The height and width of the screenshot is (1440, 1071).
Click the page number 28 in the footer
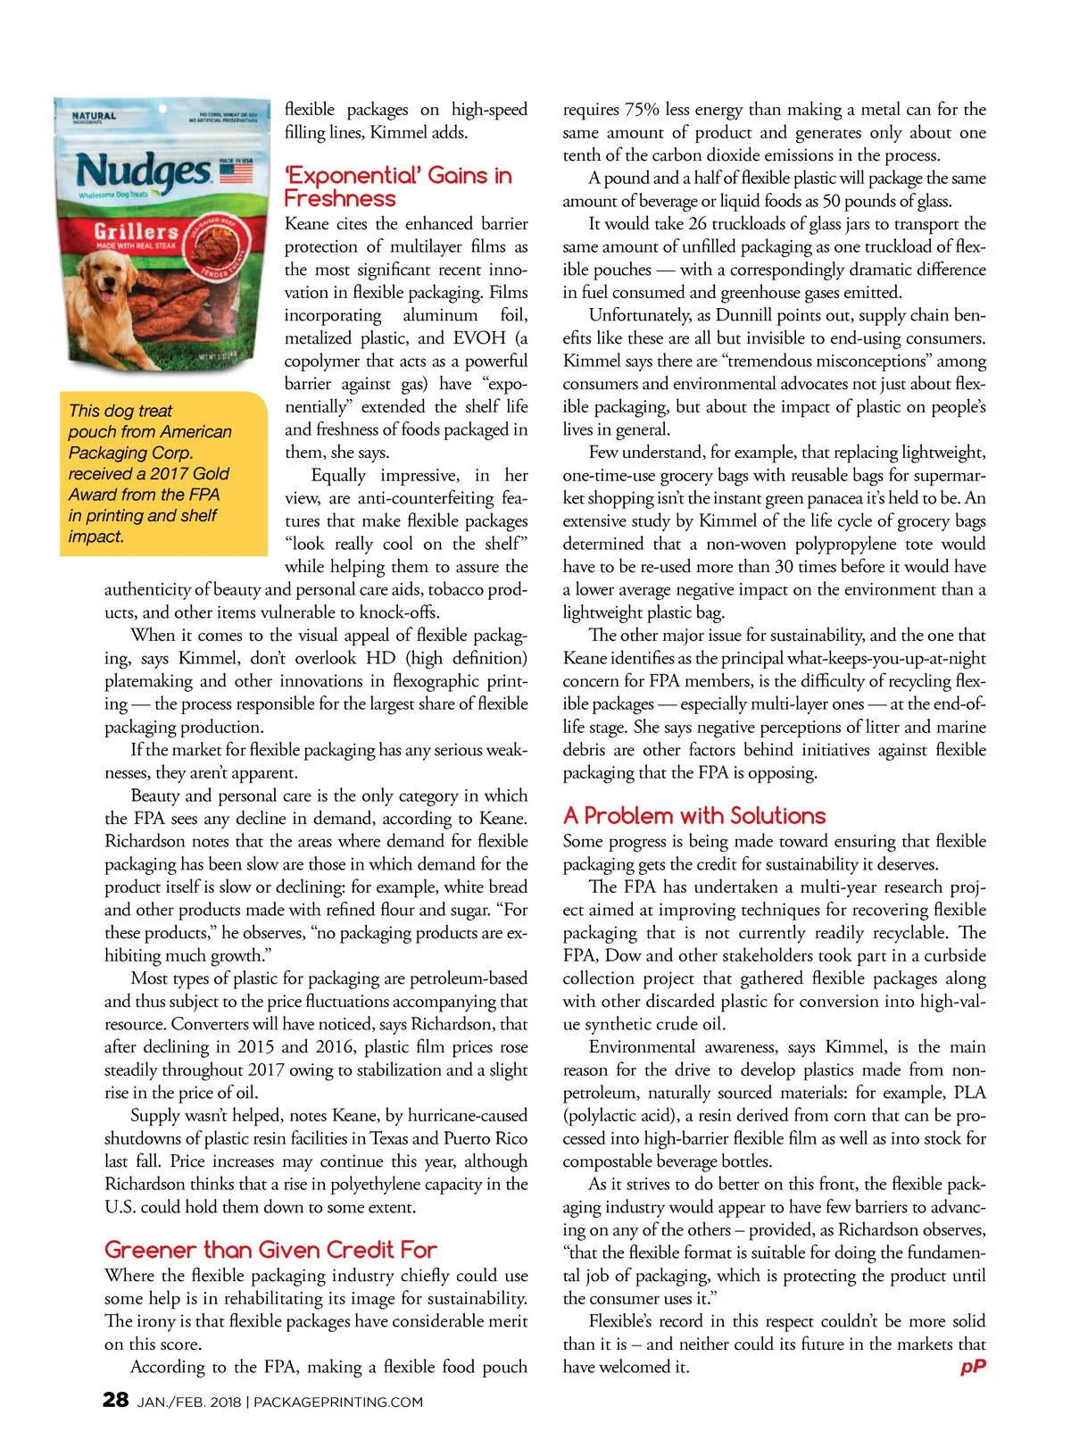click(x=116, y=1399)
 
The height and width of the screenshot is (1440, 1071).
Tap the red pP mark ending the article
click(x=973, y=1367)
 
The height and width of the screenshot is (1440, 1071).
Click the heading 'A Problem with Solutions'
click(x=693, y=816)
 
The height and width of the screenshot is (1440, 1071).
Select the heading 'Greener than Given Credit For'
click(x=270, y=1250)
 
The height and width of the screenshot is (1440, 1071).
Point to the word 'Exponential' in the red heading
click(x=353, y=176)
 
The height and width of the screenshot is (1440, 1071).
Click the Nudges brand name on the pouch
click(x=143, y=171)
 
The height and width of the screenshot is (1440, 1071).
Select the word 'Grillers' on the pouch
click(x=136, y=231)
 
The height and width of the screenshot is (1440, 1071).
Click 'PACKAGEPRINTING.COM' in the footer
click(x=338, y=1403)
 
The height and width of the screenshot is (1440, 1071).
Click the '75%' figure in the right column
click(x=641, y=110)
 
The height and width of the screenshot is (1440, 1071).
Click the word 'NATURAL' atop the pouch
click(x=94, y=116)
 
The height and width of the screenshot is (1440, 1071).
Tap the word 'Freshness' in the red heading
click(x=339, y=199)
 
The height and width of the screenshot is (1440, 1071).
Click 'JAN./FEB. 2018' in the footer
click(x=188, y=1403)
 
